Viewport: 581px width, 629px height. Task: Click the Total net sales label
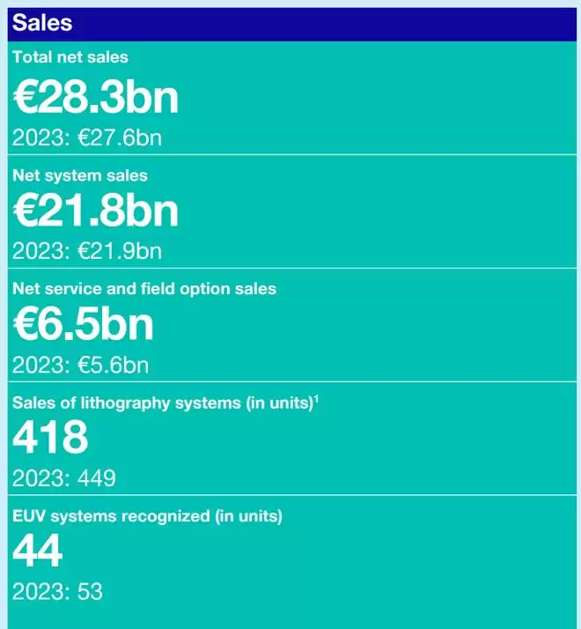[x=70, y=57]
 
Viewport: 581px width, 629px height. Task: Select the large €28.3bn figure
[x=95, y=97]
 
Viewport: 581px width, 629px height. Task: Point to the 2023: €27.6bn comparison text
[x=87, y=137]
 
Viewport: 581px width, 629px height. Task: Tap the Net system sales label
[x=80, y=175]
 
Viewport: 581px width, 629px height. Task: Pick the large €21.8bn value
[x=95, y=211]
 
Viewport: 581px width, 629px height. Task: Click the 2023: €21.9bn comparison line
[x=87, y=251]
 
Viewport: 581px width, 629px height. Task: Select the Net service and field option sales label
[x=144, y=289]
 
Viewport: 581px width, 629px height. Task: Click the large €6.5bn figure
[x=83, y=324]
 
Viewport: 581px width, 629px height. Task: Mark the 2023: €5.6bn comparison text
[x=80, y=364]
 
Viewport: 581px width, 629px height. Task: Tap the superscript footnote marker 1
[x=316, y=398]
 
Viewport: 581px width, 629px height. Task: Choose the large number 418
[x=50, y=438]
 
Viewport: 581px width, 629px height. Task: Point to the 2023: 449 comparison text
[x=64, y=478]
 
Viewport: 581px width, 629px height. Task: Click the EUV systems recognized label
[x=147, y=516]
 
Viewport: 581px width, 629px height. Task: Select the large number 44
[x=37, y=551]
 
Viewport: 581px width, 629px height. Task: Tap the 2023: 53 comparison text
[x=57, y=591]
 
